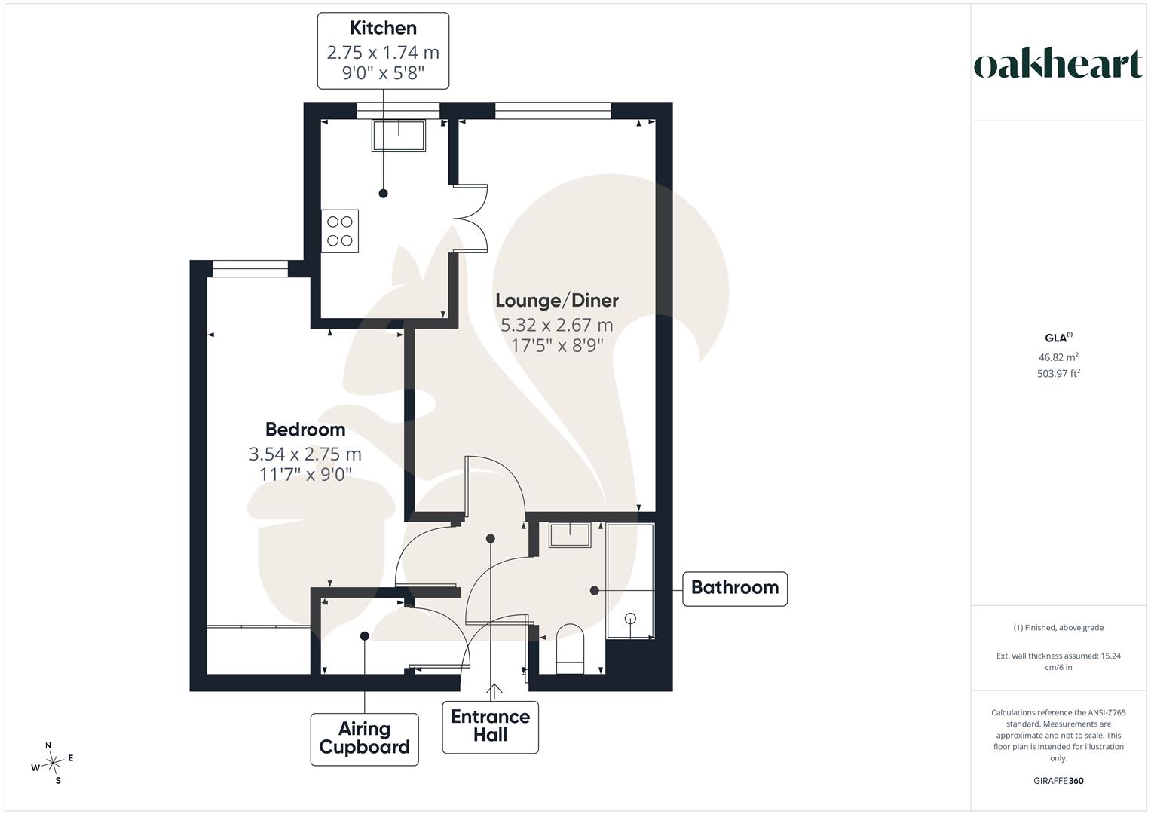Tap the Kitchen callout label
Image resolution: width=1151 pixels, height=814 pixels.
pos(383,51)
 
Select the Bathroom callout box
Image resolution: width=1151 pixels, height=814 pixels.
pos(735,589)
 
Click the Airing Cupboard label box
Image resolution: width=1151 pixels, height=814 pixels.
pos(364,739)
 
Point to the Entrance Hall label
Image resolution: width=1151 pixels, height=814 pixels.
pos(490,727)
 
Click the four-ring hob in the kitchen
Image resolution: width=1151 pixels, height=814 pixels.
pos(340,231)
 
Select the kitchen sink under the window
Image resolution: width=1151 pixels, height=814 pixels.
pos(399,136)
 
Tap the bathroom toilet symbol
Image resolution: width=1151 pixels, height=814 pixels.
pos(571,648)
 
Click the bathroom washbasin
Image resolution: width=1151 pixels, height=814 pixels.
pos(570,535)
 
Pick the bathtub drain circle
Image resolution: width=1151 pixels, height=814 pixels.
pos(630,619)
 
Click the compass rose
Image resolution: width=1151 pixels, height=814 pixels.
pos(53,763)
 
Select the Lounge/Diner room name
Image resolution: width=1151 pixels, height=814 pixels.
pos(557,301)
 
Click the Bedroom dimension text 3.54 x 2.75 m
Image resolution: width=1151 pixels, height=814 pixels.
pos(305,454)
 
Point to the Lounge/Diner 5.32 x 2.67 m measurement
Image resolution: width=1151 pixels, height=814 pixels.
pos(557,325)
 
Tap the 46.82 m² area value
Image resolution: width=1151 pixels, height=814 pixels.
pos(1058,357)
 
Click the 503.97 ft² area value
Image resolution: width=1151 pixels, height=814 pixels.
pos(1058,373)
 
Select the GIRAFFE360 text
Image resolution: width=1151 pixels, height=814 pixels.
pos(1058,781)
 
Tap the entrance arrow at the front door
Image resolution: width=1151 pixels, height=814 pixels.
pos(494,692)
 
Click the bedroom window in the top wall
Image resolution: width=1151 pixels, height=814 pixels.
pos(250,269)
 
